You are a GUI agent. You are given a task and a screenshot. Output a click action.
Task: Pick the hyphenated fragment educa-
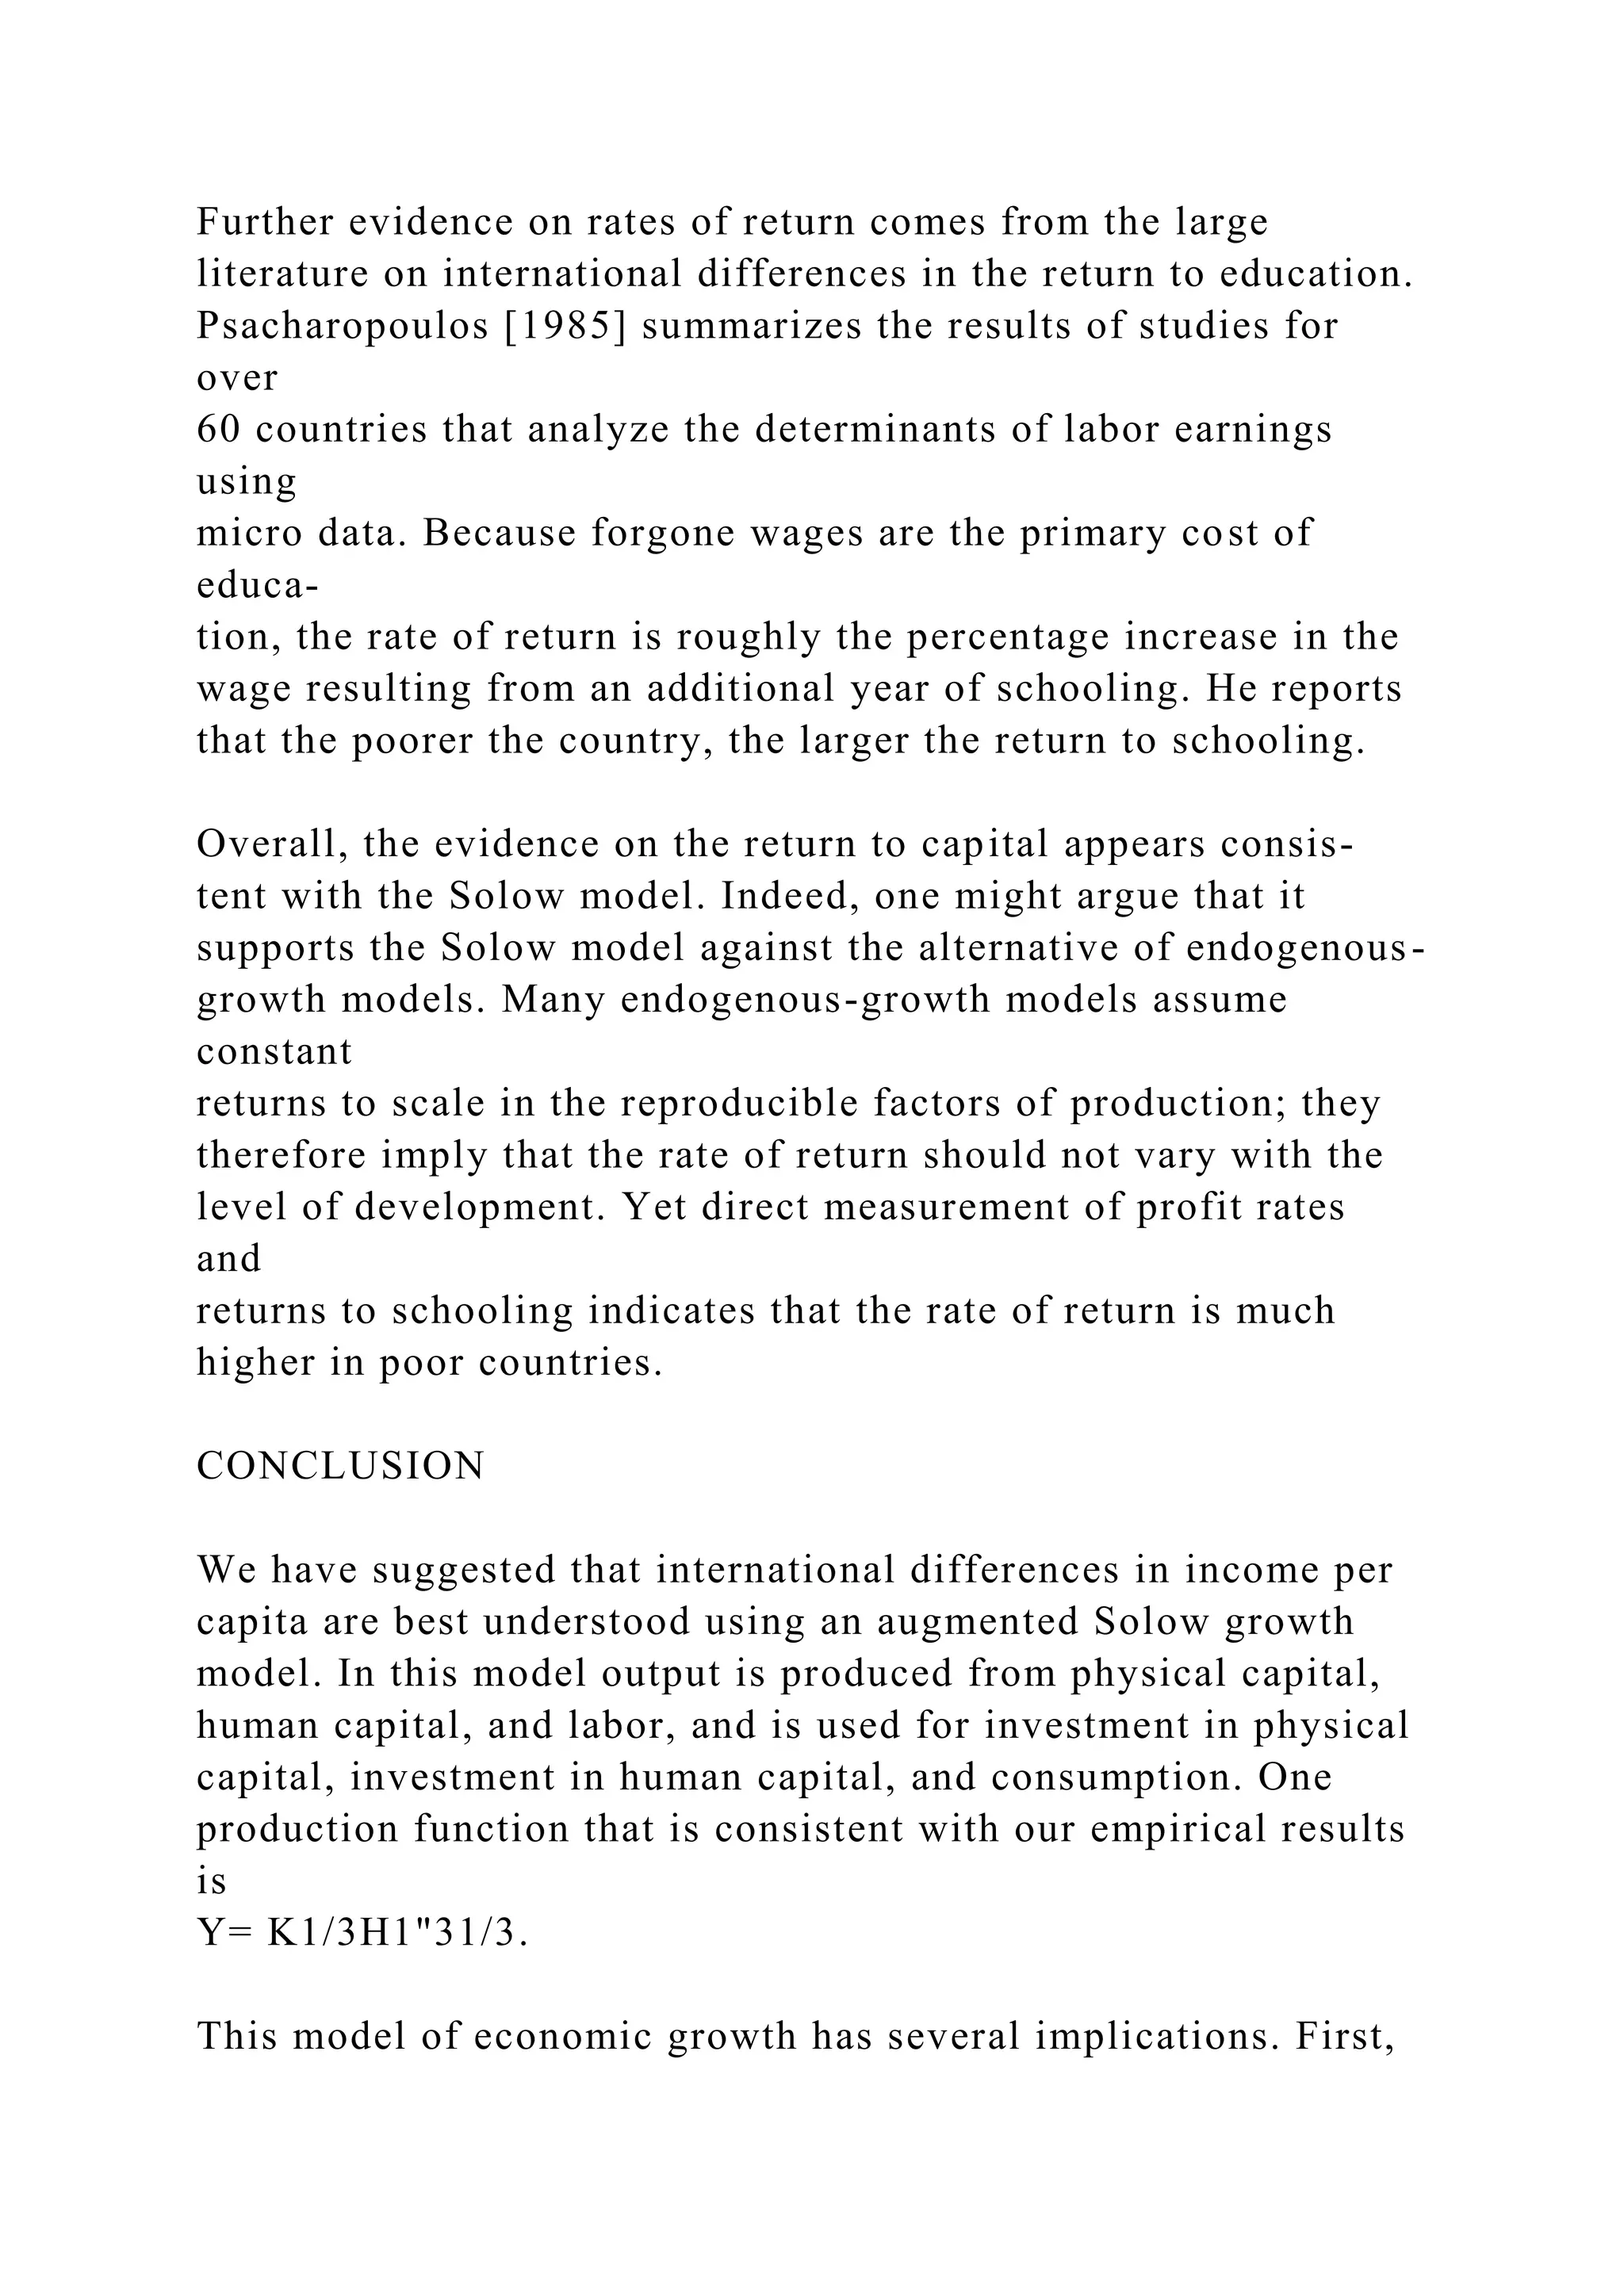(257, 585)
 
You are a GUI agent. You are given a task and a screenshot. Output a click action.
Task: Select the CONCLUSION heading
(341, 1466)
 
